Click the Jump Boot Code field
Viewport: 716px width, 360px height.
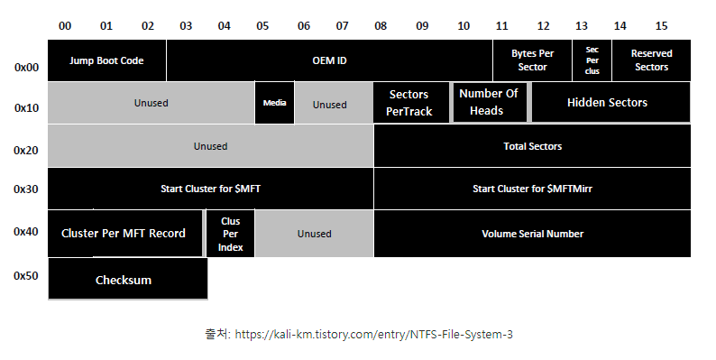[x=106, y=60]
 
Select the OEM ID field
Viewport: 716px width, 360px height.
[x=329, y=60]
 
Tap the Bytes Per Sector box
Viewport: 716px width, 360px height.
[x=532, y=60]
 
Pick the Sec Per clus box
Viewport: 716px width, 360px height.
[x=592, y=60]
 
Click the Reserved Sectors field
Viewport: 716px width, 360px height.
[x=651, y=60]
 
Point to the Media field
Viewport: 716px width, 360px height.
[x=274, y=103]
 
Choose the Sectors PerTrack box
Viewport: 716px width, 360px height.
[x=411, y=103]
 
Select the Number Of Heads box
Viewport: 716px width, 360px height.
[x=490, y=102]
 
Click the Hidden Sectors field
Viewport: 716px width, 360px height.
[x=611, y=102]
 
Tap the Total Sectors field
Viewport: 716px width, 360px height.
[x=532, y=146]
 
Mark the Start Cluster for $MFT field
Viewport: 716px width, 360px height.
[x=210, y=189]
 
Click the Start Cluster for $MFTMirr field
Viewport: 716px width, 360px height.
[x=532, y=189]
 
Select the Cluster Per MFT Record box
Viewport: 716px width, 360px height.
[x=124, y=234]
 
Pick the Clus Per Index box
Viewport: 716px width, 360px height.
[x=230, y=234]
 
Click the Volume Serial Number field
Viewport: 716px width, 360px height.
[x=532, y=234]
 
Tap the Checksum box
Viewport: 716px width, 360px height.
[x=128, y=279]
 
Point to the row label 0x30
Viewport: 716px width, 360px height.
[x=26, y=189]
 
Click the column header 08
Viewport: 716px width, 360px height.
[x=381, y=26]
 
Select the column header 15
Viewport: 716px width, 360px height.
[x=661, y=26]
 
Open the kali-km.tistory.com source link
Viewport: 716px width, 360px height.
[x=373, y=335]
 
